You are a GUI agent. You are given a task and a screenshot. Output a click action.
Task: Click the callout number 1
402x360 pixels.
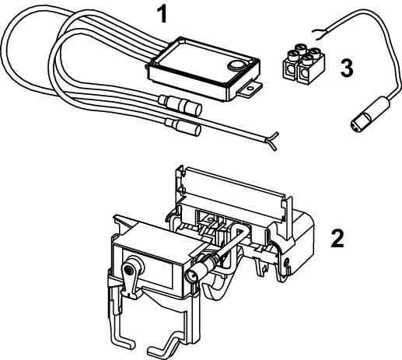(x=163, y=15)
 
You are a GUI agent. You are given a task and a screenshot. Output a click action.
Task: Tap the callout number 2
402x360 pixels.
(x=337, y=238)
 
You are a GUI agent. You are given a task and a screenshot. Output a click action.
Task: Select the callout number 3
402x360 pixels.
(x=347, y=68)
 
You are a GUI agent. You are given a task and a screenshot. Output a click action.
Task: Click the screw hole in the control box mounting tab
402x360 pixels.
(x=250, y=89)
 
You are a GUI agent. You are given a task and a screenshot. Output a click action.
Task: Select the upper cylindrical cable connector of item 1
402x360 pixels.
(x=181, y=103)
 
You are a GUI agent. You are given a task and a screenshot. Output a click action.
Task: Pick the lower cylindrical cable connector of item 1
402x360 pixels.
(x=184, y=125)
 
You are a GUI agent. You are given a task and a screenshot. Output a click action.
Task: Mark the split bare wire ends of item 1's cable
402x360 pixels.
(x=271, y=142)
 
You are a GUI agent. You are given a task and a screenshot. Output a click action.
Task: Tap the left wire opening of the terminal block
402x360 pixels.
(x=289, y=70)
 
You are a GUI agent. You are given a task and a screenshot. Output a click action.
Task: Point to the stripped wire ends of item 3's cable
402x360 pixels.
(x=318, y=34)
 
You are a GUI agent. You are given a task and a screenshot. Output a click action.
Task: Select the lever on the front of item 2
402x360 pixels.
(x=130, y=280)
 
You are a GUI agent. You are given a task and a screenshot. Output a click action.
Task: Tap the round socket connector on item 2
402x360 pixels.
(x=192, y=275)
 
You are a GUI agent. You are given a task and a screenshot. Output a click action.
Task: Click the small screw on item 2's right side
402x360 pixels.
(x=286, y=263)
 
